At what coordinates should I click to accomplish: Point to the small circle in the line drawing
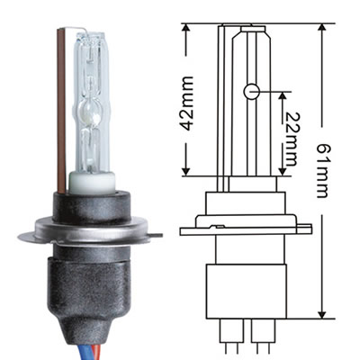(253, 91)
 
